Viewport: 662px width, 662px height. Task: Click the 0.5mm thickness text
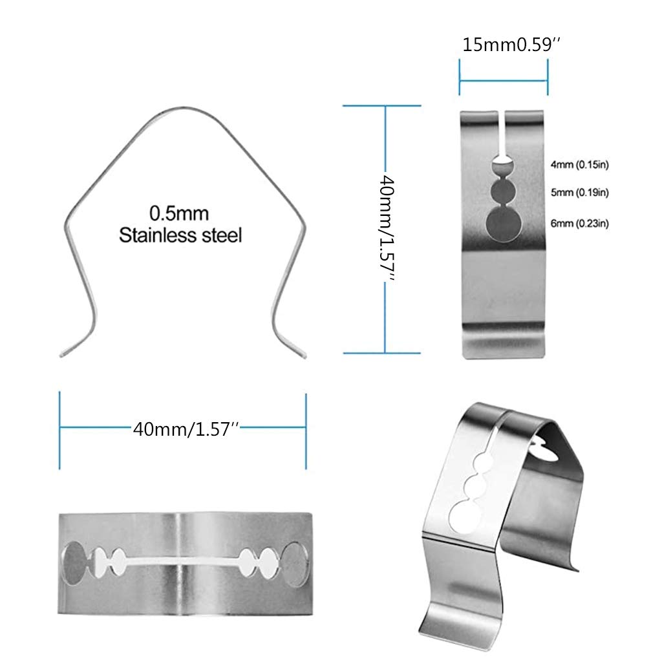tap(179, 212)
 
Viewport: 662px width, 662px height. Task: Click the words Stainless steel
tap(180, 235)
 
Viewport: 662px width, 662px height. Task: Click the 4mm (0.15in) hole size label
tap(579, 165)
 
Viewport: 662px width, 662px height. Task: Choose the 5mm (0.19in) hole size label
tap(579, 192)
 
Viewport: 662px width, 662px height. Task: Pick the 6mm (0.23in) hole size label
tap(579, 224)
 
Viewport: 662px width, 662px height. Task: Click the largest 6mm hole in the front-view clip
tap(503, 223)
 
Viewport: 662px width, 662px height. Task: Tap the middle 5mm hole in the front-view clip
tap(503, 192)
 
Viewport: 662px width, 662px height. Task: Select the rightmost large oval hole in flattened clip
tap(295, 560)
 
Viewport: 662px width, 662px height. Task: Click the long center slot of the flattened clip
tap(183, 559)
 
